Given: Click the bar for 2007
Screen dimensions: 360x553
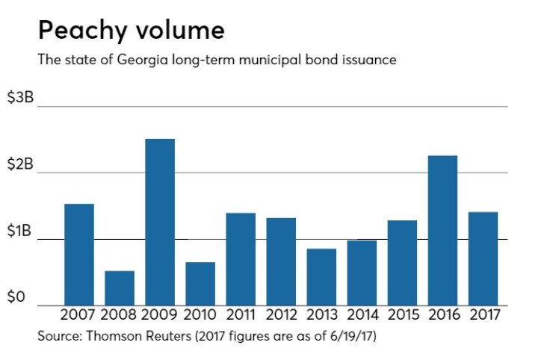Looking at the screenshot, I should click(x=78, y=254).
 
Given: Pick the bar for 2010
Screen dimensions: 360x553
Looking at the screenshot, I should click(x=200, y=283).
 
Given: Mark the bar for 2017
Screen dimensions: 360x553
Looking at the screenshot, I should click(x=483, y=258).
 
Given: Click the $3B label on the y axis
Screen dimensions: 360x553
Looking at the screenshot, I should click(x=20, y=99).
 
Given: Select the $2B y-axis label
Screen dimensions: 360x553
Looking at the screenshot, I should click(x=20, y=165).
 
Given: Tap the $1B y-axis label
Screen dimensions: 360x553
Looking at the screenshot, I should click(x=20, y=232).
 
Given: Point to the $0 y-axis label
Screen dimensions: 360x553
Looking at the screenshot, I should click(x=17, y=297).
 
